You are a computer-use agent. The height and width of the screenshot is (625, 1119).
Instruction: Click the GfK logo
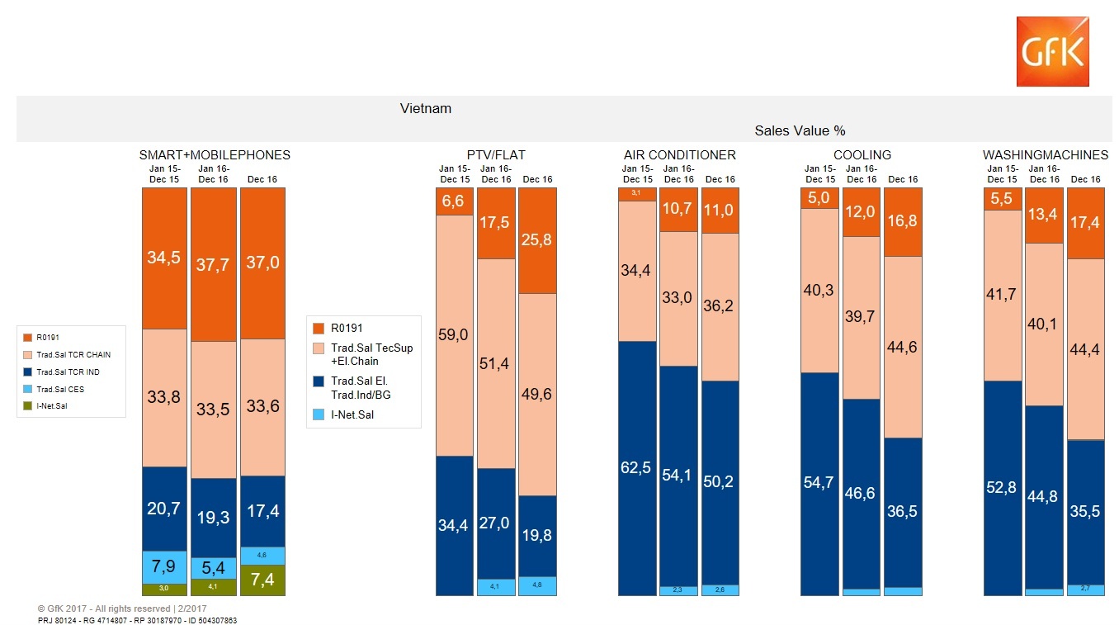[x=1052, y=51]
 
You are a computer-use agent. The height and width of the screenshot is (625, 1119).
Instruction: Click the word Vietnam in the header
[x=425, y=109]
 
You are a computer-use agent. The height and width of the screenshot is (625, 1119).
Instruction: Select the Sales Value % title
[x=799, y=130]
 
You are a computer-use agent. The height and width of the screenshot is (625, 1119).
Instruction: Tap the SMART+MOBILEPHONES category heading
[x=214, y=155]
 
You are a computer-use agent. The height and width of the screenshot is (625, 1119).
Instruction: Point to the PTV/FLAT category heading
[x=495, y=155]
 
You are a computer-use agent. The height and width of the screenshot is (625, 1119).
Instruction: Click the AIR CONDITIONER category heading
[x=679, y=155]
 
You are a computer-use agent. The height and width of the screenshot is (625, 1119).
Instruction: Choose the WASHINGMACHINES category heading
[x=1045, y=155]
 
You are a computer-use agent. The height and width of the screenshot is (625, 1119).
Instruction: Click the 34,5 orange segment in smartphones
[x=164, y=258]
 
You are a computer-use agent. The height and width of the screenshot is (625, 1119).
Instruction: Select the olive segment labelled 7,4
[x=262, y=580]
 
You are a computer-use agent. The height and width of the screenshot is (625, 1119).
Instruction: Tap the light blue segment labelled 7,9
[x=164, y=567]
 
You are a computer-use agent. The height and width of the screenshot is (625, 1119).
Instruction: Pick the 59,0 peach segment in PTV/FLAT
[x=455, y=334]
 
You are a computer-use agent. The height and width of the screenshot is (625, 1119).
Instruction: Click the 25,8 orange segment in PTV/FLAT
[x=537, y=241]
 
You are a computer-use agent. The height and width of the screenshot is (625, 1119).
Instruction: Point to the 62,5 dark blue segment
[x=637, y=467]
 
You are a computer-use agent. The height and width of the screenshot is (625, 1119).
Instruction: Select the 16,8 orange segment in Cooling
[x=902, y=221]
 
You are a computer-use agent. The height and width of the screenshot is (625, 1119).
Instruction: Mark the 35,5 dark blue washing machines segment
[x=1085, y=510]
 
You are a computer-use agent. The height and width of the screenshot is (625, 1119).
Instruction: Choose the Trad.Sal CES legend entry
[x=60, y=389]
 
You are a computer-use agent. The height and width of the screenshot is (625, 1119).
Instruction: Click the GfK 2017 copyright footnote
[x=116, y=608]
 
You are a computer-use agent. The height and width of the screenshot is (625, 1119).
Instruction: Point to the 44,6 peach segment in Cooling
[x=902, y=347]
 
